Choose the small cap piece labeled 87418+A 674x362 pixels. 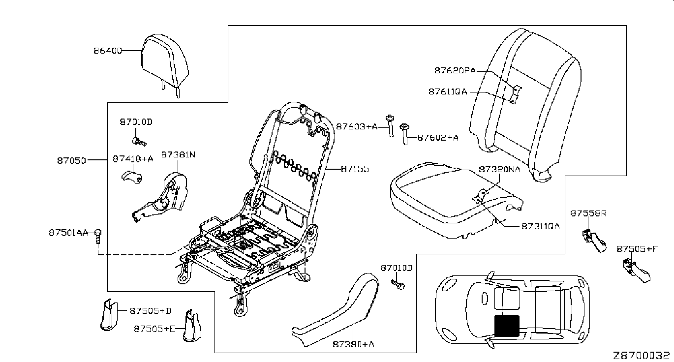coord(131,177)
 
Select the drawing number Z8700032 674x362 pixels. coord(641,355)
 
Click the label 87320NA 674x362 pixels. coord(499,169)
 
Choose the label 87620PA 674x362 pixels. coord(455,70)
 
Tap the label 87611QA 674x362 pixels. coord(447,91)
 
